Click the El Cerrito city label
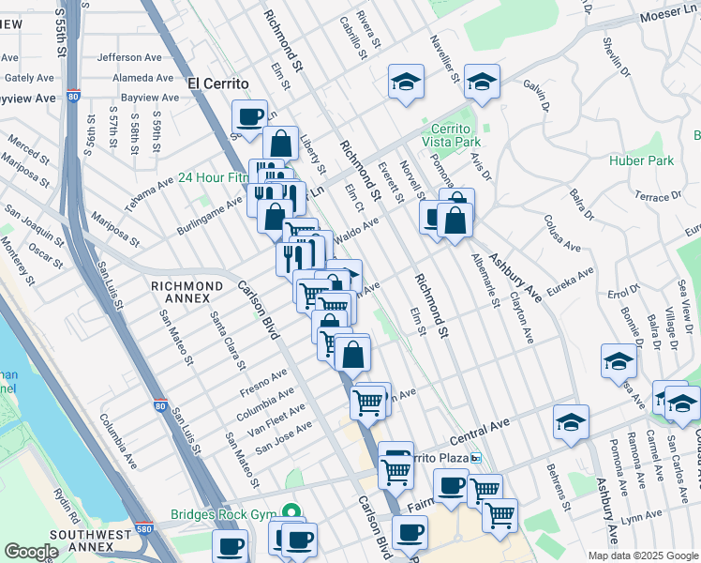(x=221, y=83)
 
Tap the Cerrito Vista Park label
(x=456, y=135)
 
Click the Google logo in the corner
(x=31, y=552)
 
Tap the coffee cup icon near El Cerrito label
(x=250, y=116)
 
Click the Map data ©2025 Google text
(x=642, y=555)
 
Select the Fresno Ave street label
(x=262, y=381)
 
